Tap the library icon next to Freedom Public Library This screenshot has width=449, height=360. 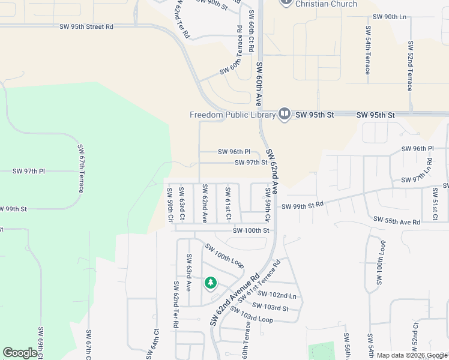pyautogui.click(x=285, y=114)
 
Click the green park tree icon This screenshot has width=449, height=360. pyautogui.click(x=210, y=282)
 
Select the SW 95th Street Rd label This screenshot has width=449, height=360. pyautogui.click(x=86, y=27)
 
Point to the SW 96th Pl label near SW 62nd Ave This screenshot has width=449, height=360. pyautogui.click(x=234, y=152)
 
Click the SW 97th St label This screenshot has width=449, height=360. pyautogui.click(x=250, y=163)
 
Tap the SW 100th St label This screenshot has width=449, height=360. pyautogui.click(x=251, y=230)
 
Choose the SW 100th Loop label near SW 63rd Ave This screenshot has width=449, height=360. pyautogui.click(x=224, y=256)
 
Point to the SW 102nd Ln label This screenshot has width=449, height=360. pyautogui.click(x=277, y=295)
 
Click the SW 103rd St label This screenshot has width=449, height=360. pyautogui.click(x=270, y=307)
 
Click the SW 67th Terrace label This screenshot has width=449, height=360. pyautogui.click(x=80, y=169)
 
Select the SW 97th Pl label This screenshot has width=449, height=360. pyautogui.click(x=29, y=172)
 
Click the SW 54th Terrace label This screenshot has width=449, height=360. pyautogui.click(x=367, y=50)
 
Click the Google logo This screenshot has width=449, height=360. pyautogui.click(x=20, y=353)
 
